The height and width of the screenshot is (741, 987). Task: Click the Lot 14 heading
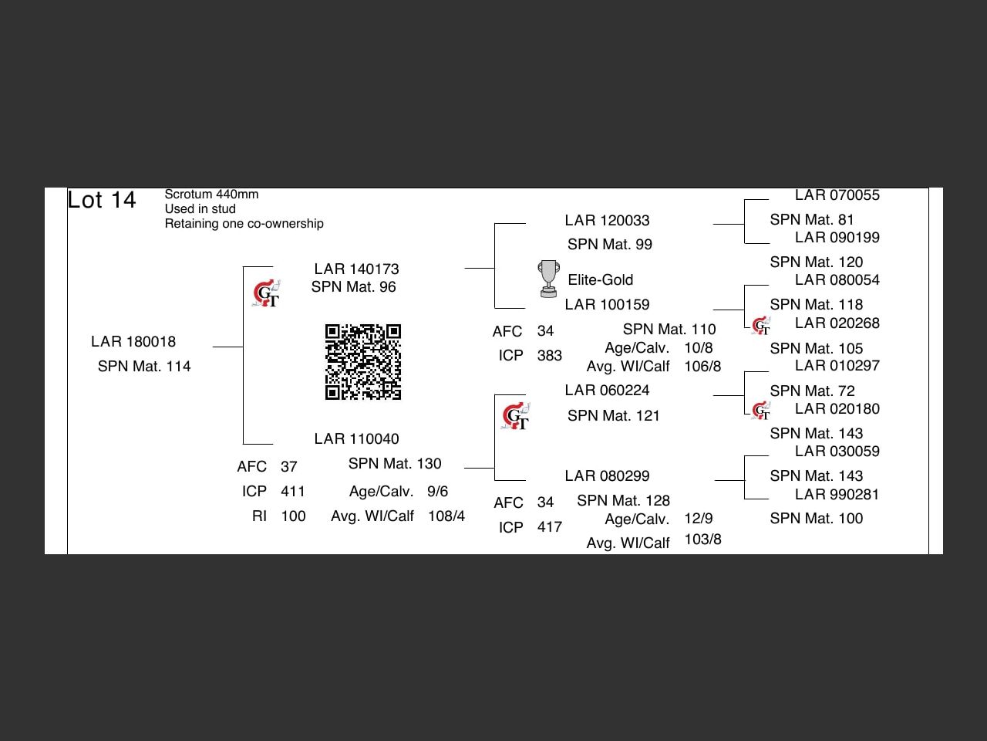102,201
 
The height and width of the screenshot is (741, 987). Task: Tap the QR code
363,362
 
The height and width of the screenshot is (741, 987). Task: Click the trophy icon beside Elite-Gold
548,279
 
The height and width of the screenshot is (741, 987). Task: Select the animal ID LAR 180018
133,342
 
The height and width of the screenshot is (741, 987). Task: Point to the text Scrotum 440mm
211,195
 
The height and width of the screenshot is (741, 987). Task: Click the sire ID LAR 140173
356,269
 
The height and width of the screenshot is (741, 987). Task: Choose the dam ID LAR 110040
356,439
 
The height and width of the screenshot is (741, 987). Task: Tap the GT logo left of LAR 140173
267,294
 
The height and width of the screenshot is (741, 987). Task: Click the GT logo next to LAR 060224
515,417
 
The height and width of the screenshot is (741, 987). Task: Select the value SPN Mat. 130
395,464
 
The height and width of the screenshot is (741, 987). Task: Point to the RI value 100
293,516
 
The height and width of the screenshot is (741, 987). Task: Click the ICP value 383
549,356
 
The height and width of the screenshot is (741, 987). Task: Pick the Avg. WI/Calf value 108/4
446,516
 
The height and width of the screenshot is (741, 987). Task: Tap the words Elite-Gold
600,280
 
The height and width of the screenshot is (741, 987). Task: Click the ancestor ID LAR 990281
837,495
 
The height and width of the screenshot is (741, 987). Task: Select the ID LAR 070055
837,196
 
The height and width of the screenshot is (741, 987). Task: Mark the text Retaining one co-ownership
244,224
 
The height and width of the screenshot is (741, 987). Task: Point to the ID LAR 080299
607,476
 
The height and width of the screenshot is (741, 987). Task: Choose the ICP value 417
549,527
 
